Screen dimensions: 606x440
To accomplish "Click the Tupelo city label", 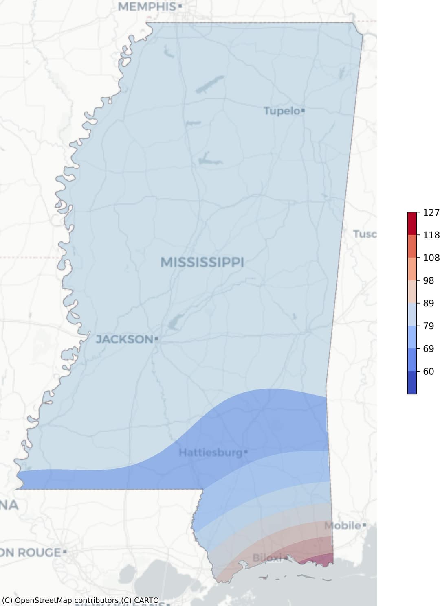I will coord(282,111).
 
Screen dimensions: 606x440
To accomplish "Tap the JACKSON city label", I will coord(124,339).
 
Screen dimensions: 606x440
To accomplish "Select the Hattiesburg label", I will coord(211,453).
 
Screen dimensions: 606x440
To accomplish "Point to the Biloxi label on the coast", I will coord(267,558).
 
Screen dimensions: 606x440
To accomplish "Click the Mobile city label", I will coord(343,525).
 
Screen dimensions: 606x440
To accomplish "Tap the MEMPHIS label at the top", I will coord(147,7).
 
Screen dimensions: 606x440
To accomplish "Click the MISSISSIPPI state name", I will coord(202,263).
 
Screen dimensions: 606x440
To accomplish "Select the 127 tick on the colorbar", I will coord(431,212).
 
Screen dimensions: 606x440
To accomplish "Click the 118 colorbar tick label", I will coord(431,235).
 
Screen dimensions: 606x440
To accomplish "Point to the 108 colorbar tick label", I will coord(431,258).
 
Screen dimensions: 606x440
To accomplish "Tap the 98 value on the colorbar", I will coord(429,280).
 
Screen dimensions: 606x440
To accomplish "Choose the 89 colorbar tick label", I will coord(429,303).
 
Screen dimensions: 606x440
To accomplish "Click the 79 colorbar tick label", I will coord(429,326).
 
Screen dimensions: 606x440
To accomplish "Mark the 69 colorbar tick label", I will coord(429,349).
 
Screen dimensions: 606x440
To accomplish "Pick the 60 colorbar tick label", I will coord(429,371).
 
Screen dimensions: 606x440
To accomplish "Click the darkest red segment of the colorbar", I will coord(412,223).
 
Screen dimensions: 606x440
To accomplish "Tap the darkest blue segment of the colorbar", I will coord(412,383).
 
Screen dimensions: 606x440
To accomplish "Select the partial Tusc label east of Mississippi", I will coord(365,234).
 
